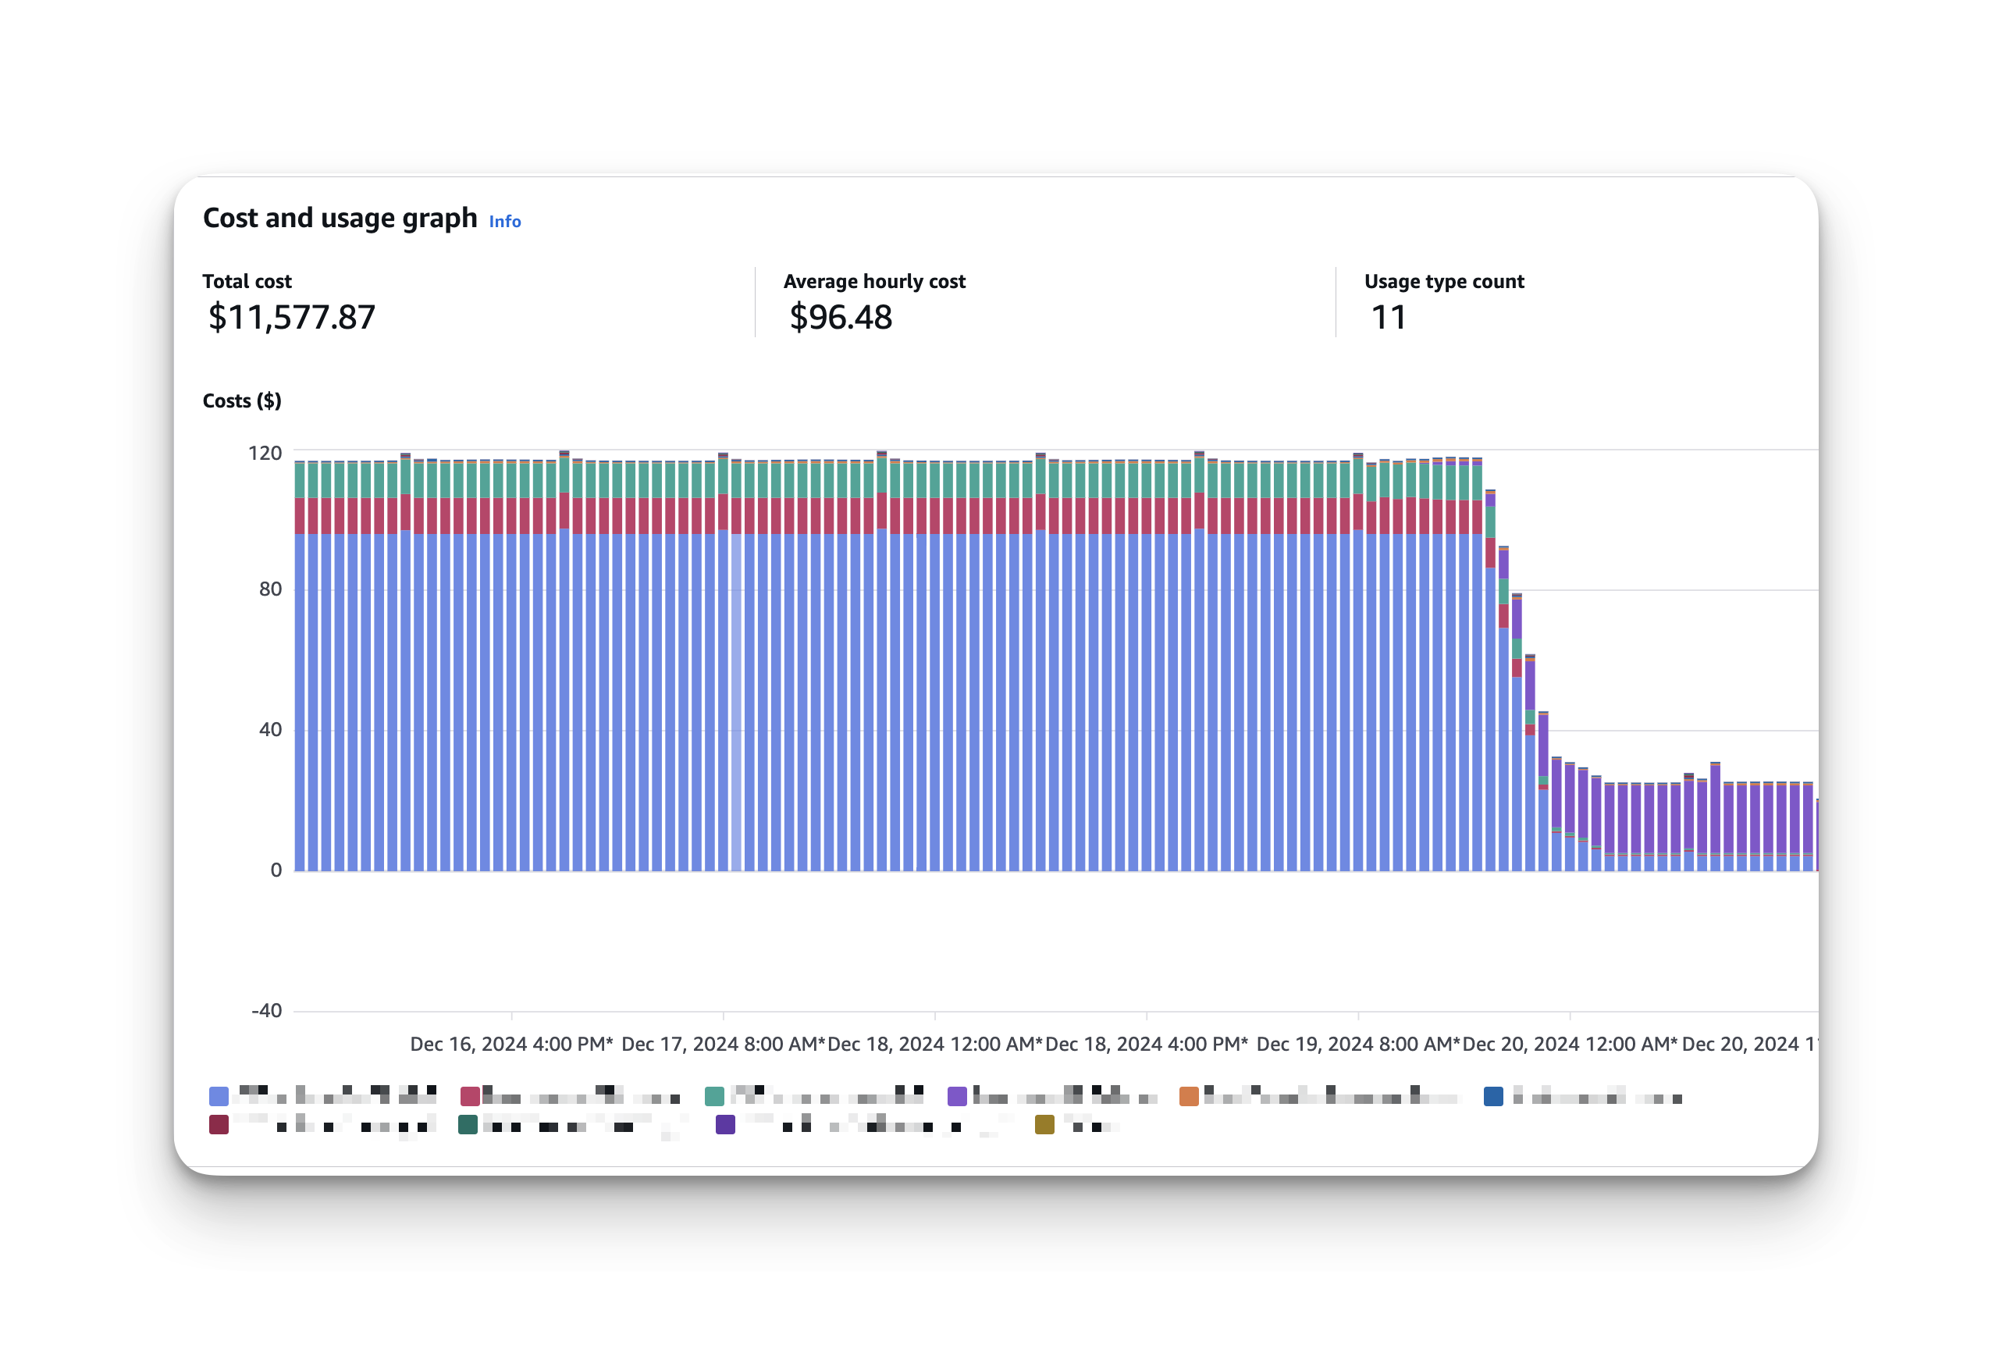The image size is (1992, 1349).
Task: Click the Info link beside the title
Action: coord(505,221)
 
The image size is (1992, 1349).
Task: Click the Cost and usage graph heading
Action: coord(340,218)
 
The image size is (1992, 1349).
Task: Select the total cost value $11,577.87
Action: coord(291,317)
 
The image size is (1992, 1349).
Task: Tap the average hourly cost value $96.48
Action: coord(840,317)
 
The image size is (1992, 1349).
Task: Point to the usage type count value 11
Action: coord(1389,317)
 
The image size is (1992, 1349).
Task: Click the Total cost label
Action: coord(247,281)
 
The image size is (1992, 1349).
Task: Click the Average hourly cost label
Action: coord(874,281)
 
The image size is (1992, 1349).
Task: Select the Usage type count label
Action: coord(1444,281)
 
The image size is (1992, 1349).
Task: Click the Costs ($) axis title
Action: coord(242,400)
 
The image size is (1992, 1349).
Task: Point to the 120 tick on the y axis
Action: coord(265,453)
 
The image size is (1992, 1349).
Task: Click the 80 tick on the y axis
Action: coord(270,589)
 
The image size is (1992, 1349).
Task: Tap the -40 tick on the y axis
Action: coord(267,1010)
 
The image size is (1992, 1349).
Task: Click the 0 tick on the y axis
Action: coord(276,870)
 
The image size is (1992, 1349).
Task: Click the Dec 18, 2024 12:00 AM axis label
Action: coord(935,1044)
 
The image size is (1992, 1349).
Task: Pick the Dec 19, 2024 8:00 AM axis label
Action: coord(1357,1044)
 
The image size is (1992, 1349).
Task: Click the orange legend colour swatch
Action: coord(1189,1096)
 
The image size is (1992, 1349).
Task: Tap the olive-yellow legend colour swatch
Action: coord(1044,1124)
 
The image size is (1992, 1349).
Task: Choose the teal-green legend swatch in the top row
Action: coord(714,1096)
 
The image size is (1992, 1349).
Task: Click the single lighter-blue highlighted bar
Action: coord(736,703)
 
